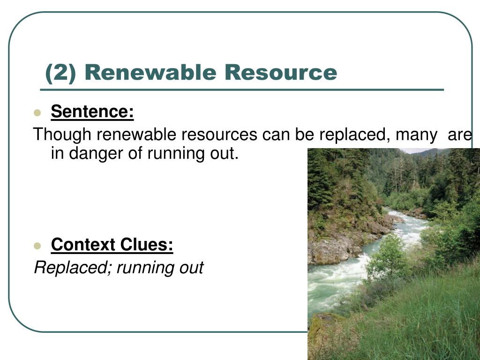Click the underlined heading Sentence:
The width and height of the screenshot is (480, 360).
point(92,112)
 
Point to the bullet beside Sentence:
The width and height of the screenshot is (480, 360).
point(37,113)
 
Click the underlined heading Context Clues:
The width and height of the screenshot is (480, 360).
point(112,245)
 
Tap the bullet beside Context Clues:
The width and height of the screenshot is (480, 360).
point(37,246)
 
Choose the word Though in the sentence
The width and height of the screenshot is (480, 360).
point(62,135)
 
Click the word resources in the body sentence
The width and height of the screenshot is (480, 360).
point(219,135)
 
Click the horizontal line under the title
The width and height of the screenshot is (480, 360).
point(241,89)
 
